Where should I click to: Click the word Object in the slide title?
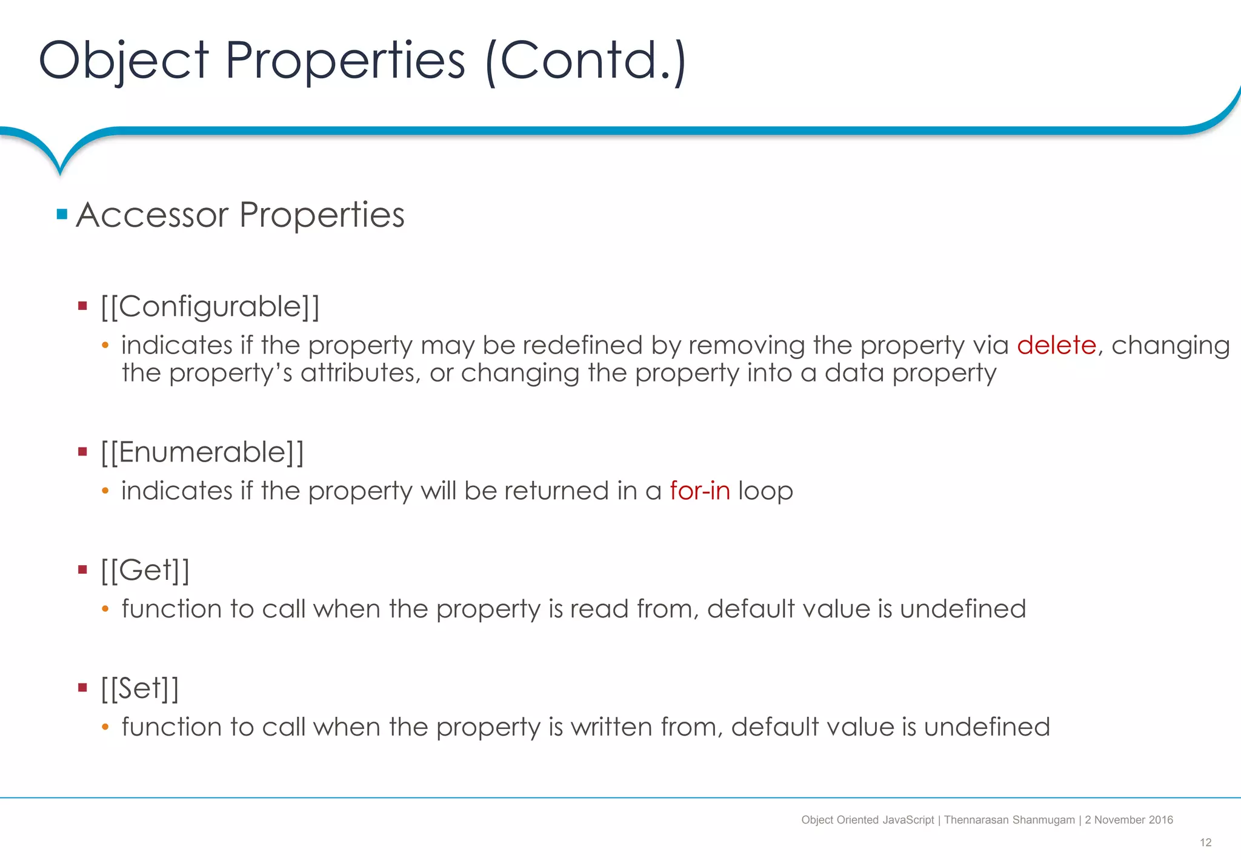click(x=124, y=61)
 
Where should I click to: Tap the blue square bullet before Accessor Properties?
click(x=62, y=214)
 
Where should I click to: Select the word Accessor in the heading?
click(x=152, y=215)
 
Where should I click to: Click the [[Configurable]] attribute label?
click(x=210, y=306)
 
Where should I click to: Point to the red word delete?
click(x=1056, y=345)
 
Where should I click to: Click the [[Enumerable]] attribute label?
click(x=202, y=452)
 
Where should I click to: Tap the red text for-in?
click(x=700, y=491)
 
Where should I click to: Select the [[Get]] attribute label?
click(x=145, y=571)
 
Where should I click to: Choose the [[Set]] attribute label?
click(x=140, y=689)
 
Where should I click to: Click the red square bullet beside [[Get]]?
click(x=83, y=569)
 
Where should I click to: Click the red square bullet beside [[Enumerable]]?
click(x=83, y=452)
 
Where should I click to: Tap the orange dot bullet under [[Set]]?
click(x=105, y=727)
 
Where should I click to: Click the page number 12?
click(x=1205, y=842)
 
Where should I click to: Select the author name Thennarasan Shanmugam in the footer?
click(x=1009, y=820)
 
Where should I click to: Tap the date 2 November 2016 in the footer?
click(x=1129, y=820)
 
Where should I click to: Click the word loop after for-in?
click(x=765, y=491)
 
